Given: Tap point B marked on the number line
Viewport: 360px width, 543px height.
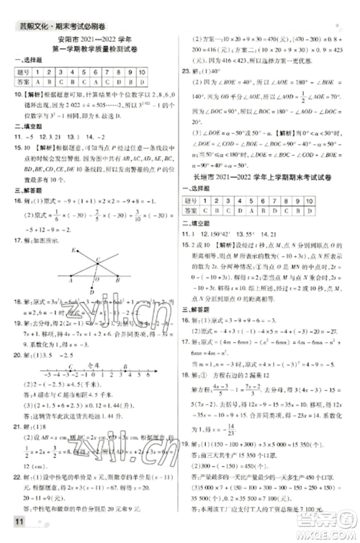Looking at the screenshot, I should [x=125, y=366].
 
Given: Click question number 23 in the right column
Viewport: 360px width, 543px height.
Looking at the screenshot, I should [x=186, y=71].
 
